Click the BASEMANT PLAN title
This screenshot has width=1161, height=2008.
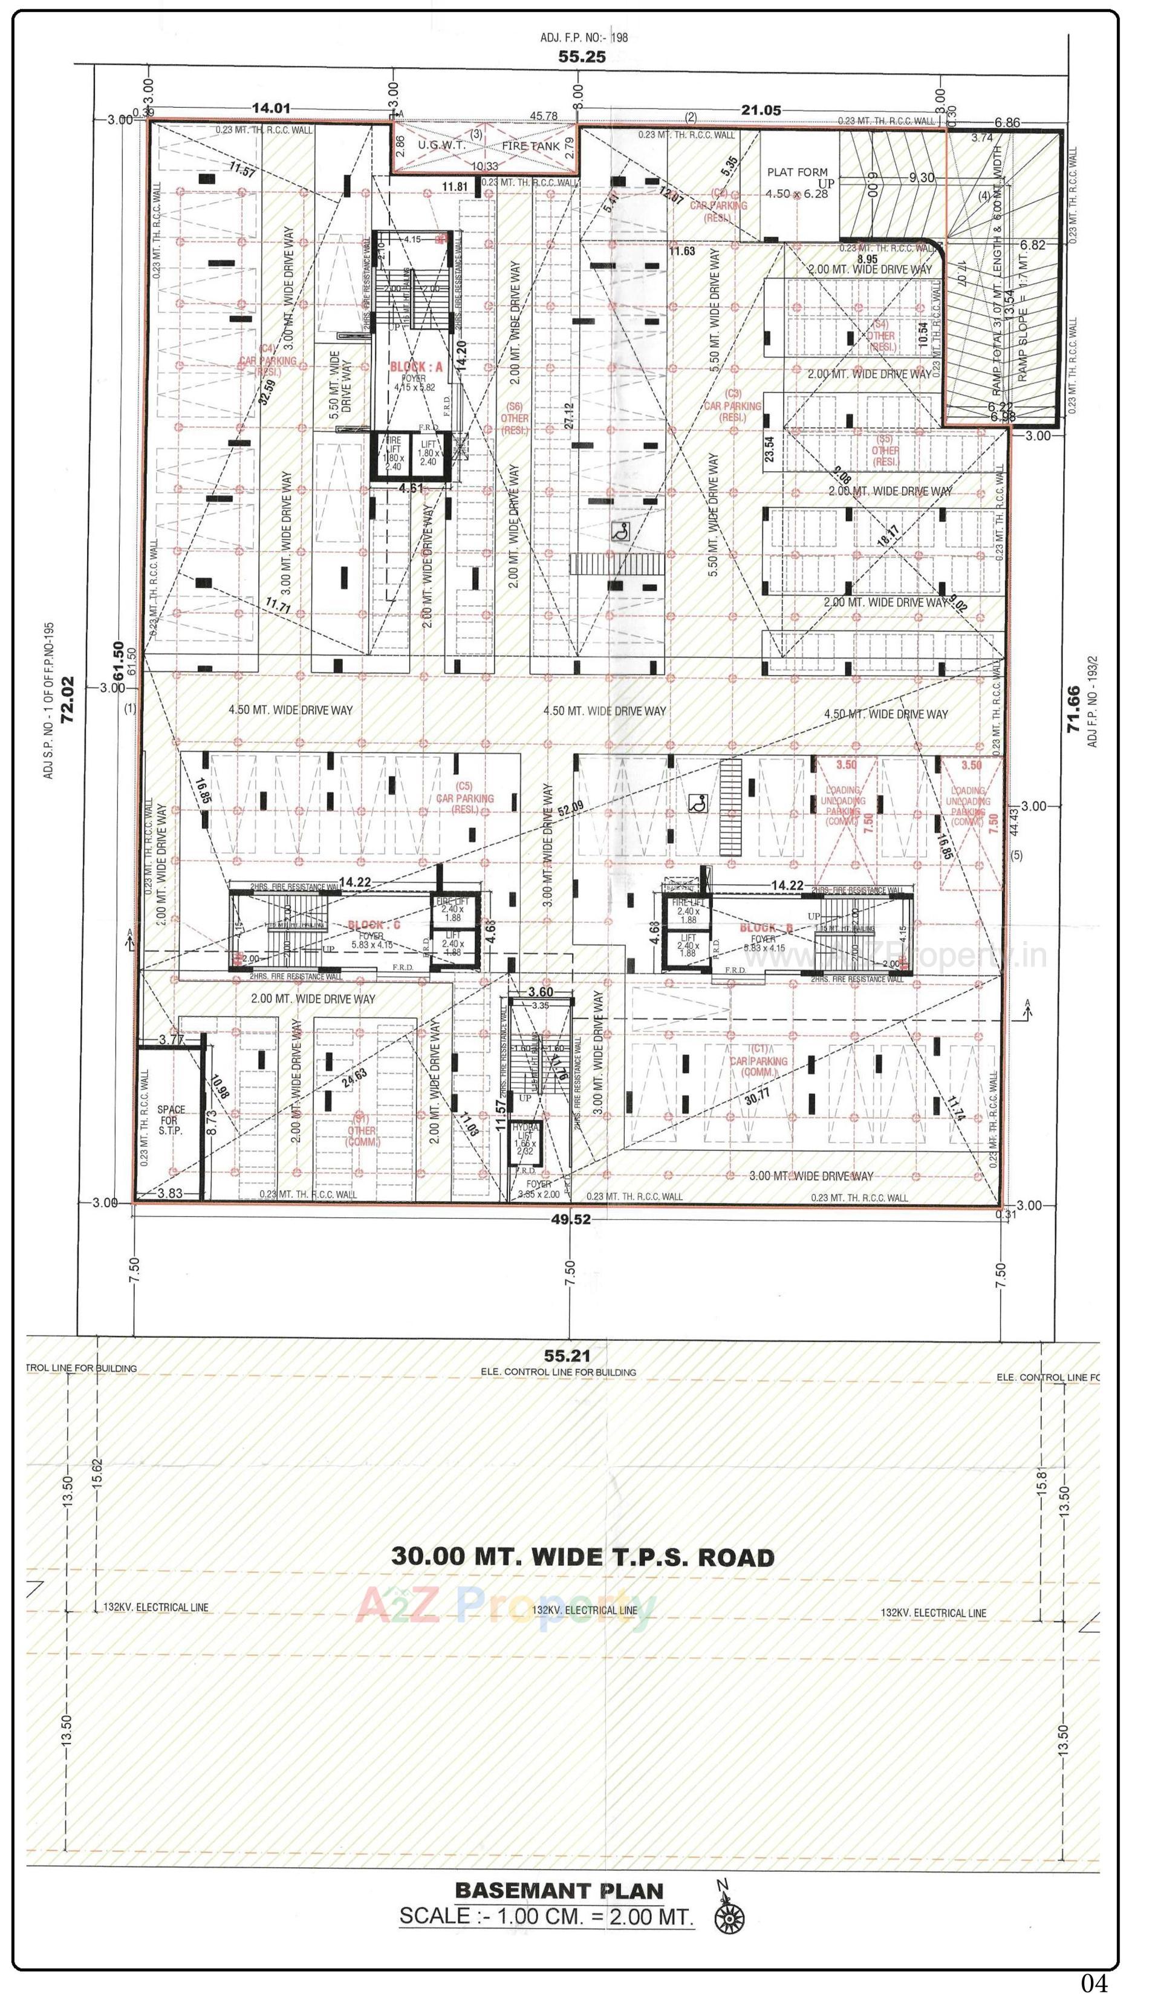click(559, 1890)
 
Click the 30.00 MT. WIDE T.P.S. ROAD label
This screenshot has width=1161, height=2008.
click(582, 1556)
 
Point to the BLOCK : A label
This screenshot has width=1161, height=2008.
click(415, 367)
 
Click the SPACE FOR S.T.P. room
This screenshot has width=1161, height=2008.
click(171, 1120)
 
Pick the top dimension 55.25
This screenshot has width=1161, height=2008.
click(582, 57)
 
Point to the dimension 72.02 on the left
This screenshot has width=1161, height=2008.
click(68, 699)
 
